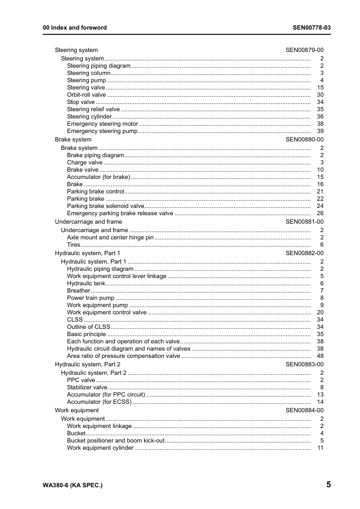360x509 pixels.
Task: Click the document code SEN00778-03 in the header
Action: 312,28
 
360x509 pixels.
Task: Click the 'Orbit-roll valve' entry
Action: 86,95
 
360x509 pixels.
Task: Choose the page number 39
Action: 321,131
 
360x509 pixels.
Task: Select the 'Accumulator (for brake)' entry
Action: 99,177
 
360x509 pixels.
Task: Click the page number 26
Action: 321,213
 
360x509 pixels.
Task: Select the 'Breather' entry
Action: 79,291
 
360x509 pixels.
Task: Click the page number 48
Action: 321,356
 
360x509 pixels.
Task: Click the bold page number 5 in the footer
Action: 327,485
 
